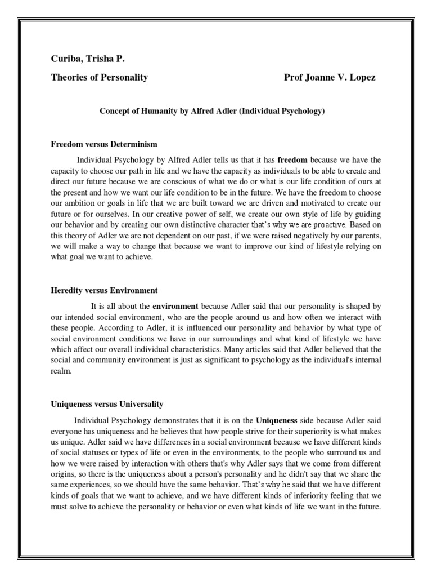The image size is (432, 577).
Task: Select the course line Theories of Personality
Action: pos(100,78)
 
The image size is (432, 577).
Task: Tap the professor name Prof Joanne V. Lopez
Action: pos(330,78)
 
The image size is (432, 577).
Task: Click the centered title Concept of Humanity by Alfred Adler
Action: pos(213,112)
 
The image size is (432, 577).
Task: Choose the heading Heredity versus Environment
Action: pos(104,291)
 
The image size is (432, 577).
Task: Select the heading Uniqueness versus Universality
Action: pos(107,405)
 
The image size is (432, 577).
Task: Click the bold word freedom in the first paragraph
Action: pos(292,159)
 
